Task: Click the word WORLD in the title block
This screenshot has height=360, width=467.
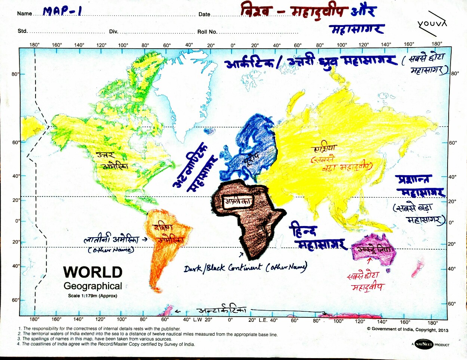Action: click(x=93, y=272)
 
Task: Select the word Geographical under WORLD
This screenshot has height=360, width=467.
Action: click(x=93, y=286)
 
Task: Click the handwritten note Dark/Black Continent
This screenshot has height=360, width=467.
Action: click(x=245, y=268)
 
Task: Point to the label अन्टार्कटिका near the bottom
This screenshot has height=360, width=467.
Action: click(x=221, y=311)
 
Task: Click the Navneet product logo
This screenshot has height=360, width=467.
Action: click(x=424, y=344)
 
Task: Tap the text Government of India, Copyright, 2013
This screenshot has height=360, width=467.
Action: click(x=408, y=329)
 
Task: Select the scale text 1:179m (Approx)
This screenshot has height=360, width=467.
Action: click(x=93, y=296)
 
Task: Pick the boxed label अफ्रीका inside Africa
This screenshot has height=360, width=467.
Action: click(x=238, y=202)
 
